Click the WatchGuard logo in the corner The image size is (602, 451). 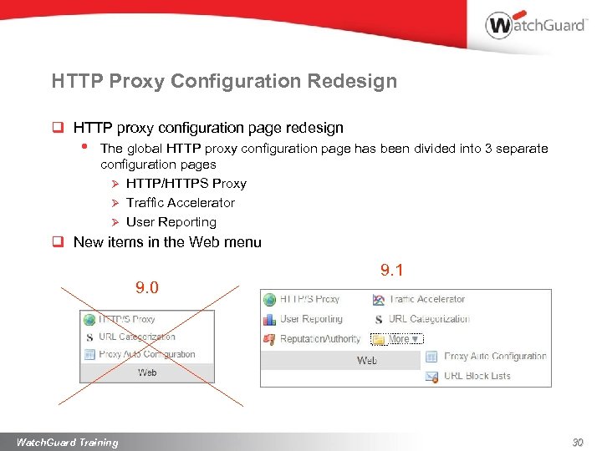coord(535,25)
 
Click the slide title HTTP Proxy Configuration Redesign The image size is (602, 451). coord(224,81)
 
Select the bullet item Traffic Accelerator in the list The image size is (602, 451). coord(180,203)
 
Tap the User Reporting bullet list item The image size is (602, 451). coord(171,222)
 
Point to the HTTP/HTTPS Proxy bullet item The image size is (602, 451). coord(186,184)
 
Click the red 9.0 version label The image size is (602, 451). coord(147,288)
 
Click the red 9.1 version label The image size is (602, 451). coord(392,270)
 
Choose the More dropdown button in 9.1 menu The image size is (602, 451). coord(398,339)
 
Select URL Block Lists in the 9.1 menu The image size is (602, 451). coord(477,376)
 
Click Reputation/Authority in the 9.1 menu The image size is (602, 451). coord(319,339)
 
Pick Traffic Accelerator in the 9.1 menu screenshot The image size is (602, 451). coord(426,299)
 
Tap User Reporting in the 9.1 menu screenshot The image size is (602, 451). coord(310,319)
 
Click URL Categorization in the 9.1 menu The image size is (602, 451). coord(428,319)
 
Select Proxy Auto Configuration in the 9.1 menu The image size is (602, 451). coord(494,356)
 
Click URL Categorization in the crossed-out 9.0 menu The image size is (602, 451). coord(136,337)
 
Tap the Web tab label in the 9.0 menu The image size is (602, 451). coord(147,372)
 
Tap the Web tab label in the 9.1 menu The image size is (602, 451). coord(367,360)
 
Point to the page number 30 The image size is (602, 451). coord(577,443)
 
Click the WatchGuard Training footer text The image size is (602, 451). coord(68,443)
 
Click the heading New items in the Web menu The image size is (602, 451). coord(167,243)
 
